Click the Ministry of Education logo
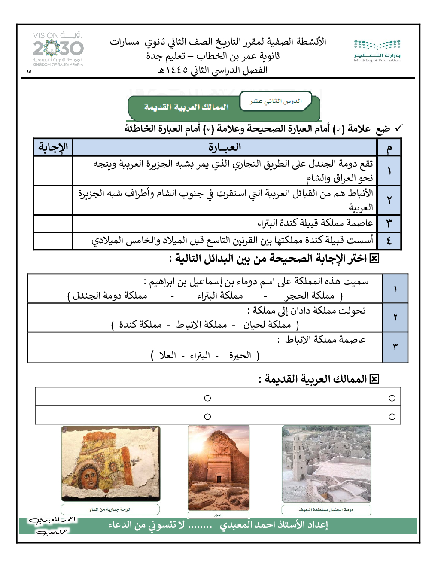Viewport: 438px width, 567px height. [377, 51]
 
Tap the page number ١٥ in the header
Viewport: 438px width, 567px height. [29, 72]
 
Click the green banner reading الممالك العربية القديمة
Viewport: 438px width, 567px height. [186, 107]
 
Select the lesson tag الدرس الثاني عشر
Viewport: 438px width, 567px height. [276, 101]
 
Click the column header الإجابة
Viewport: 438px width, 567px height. [53, 147]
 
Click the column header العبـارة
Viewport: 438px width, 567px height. [225, 147]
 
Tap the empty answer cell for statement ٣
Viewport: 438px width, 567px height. [53, 223]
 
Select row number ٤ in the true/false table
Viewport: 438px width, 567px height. [389, 241]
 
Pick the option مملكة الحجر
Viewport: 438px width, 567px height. [309, 296]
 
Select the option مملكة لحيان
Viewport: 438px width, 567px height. [267, 325]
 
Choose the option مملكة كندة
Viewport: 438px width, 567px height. [140, 325]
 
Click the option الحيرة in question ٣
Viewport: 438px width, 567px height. [240, 355]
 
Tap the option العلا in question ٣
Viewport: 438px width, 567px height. [167, 355]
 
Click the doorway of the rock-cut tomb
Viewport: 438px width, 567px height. [219, 479]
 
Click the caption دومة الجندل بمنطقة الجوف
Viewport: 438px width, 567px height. [326, 510]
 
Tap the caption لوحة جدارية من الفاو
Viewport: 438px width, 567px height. [110, 509]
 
